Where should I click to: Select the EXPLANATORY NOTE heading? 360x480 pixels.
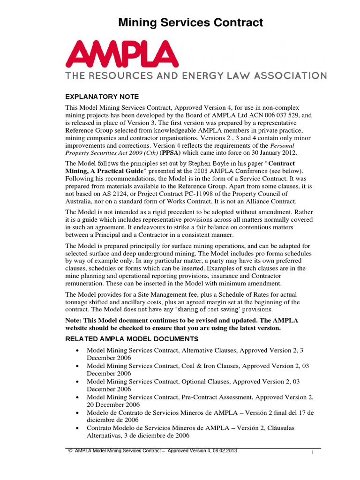[102, 97]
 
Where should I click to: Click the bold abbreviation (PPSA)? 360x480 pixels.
[173, 153]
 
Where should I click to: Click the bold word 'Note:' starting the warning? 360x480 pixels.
[74, 320]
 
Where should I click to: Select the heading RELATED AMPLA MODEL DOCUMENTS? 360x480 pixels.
[132, 339]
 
